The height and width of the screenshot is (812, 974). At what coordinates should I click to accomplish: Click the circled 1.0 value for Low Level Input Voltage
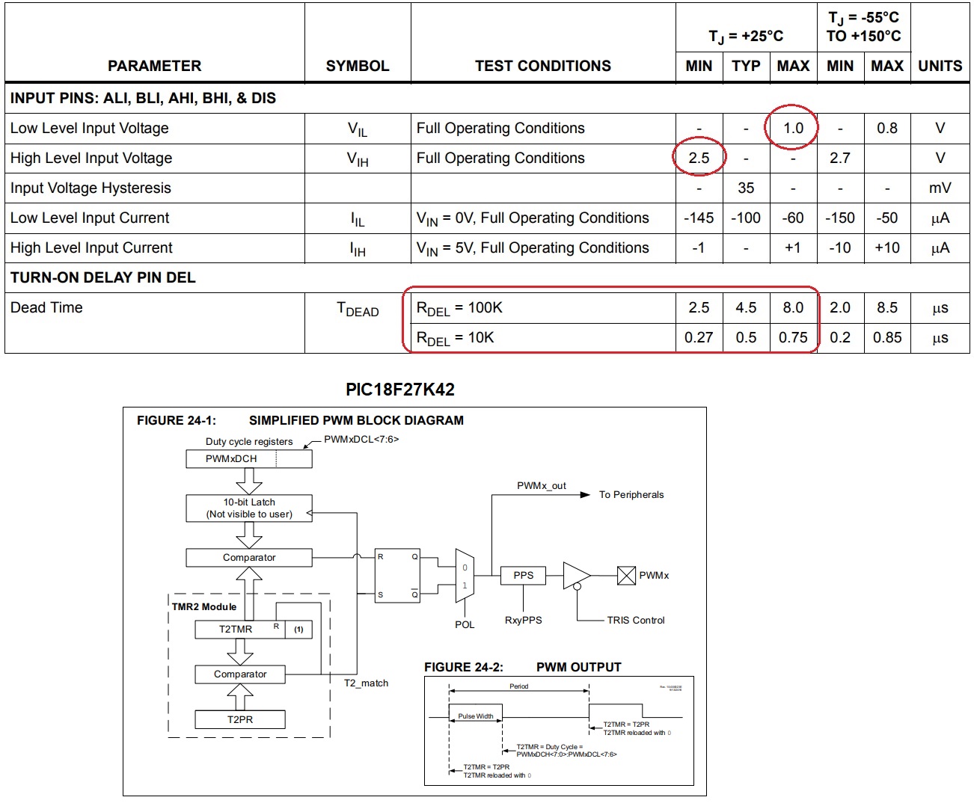click(x=792, y=128)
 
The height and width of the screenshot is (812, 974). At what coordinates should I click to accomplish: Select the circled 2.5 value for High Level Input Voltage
click(x=699, y=158)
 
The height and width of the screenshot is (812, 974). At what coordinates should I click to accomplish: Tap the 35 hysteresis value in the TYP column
click(x=746, y=188)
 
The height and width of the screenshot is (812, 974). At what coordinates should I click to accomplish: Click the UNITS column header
click(x=940, y=66)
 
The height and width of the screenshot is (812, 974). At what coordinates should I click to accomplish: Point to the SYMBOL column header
click(x=358, y=66)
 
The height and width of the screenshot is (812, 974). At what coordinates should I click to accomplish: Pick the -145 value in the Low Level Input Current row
click(x=699, y=218)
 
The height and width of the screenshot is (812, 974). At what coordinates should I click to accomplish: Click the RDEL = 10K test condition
click(x=456, y=338)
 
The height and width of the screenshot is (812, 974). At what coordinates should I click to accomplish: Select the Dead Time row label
click(x=46, y=307)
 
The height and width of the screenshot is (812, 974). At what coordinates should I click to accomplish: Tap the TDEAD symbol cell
click(x=358, y=309)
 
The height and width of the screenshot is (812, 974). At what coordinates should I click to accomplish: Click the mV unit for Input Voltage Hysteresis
click(x=940, y=188)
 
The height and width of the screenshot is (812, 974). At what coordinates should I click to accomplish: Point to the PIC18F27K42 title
click(x=399, y=390)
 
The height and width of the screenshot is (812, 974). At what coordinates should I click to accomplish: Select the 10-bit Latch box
click(x=248, y=508)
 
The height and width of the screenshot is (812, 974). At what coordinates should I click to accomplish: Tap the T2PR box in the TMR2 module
click(x=239, y=719)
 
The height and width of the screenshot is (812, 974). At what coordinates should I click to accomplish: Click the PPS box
click(x=523, y=575)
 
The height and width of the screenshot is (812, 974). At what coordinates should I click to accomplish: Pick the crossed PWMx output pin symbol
click(x=626, y=575)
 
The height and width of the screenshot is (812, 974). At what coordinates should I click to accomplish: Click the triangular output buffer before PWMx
click(x=575, y=575)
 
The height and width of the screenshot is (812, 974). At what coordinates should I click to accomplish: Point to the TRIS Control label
click(x=635, y=620)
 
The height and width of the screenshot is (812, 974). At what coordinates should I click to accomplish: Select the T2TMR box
click(x=236, y=629)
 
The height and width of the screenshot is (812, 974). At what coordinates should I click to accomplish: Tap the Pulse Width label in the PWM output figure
click(x=475, y=716)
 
